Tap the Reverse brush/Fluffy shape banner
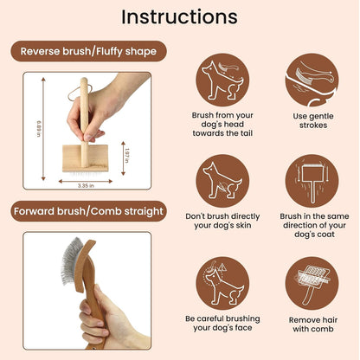click(90, 51)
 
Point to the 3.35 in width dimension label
click(85, 184)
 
